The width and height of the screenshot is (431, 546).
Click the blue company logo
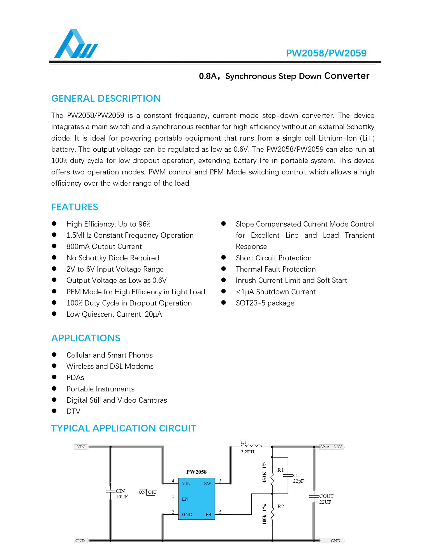[x=76, y=44]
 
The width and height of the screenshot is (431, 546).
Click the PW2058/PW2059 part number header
[x=326, y=53]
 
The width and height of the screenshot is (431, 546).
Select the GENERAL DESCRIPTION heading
[x=106, y=99]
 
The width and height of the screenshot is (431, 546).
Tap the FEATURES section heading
[x=75, y=207]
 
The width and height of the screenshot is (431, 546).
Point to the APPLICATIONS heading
[x=86, y=338]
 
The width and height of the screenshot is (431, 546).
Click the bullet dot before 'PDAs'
[x=54, y=377]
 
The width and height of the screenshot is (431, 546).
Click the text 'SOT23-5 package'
[x=265, y=303]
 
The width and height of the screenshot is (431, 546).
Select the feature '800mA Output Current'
[x=104, y=246]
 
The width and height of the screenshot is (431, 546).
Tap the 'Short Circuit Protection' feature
[x=274, y=258]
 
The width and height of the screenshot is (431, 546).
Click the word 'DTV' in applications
[x=73, y=411]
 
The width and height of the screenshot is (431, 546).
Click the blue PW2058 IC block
[x=196, y=499]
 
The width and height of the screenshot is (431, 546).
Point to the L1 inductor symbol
[x=251, y=446]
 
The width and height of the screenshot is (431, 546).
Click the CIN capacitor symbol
[x=110, y=491]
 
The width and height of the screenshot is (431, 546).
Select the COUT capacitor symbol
[x=314, y=496]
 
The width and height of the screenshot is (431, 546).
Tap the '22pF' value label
[x=298, y=481]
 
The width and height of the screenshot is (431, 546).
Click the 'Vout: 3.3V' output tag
[x=332, y=447]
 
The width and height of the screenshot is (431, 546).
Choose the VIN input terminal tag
[x=81, y=447]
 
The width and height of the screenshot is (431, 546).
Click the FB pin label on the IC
[x=208, y=515]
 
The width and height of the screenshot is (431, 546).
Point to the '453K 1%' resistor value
[x=264, y=472]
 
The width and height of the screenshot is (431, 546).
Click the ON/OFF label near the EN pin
[x=147, y=492]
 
